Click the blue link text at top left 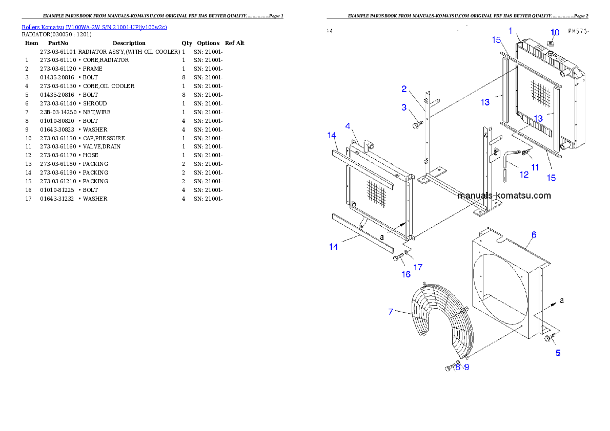94,27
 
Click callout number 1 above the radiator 511,31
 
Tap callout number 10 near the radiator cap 555,33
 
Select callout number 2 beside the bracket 404,89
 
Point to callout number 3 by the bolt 404,107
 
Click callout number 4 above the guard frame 348,126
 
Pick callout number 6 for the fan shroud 534,235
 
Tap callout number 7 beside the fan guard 391,311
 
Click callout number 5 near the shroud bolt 558,353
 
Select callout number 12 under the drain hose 524,175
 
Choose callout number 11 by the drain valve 535,167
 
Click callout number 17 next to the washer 418,267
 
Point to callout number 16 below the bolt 405,274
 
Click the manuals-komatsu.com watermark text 504,196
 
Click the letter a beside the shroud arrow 562,300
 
